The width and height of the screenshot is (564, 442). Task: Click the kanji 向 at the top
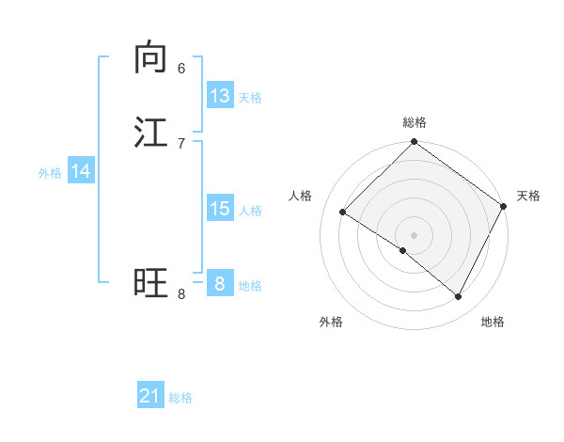pyautogui.click(x=150, y=57)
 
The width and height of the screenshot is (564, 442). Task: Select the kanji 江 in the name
pyautogui.click(x=150, y=132)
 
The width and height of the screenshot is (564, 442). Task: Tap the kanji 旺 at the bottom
pyautogui.click(x=150, y=282)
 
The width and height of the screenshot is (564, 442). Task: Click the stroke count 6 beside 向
pyautogui.click(x=181, y=68)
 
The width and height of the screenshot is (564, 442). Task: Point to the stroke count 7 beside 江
pyautogui.click(x=181, y=142)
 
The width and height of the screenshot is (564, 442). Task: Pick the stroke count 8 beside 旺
pyautogui.click(x=181, y=294)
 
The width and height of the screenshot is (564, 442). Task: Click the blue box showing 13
pyautogui.click(x=220, y=96)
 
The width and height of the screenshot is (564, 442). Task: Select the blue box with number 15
pyautogui.click(x=220, y=209)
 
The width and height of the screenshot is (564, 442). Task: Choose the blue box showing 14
pyautogui.click(x=81, y=171)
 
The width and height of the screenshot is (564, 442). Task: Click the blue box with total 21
pyautogui.click(x=150, y=396)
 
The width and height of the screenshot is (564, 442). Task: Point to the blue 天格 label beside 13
pyautogui.click(x=250, y=98)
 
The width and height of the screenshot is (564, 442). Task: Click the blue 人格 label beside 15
pyautogui.click(x=250, y=211)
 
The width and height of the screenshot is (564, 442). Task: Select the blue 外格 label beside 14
pyautogui.click(x=50, y=173)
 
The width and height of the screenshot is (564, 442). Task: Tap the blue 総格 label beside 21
pyautogui.click(x=180, y=398)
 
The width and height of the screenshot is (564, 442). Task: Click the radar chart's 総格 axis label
pyautogui.click(x=415, y=122)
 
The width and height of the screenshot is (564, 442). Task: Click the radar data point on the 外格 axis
pyautogui.click(x=403, y=250)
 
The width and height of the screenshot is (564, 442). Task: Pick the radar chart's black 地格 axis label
pyautogui.click(x=493, y=322)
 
